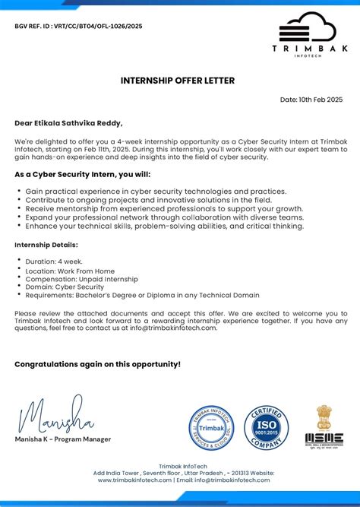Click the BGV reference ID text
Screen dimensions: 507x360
[x=78, y=26]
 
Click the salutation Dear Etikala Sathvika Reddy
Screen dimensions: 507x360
[x=68, y=122]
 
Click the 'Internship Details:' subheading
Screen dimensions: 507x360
[x=46, y=245]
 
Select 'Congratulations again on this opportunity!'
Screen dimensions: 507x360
[x=97, y=364]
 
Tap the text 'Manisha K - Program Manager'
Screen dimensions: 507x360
[x=62, y=439]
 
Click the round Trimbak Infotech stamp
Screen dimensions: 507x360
[x=211, y=428]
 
